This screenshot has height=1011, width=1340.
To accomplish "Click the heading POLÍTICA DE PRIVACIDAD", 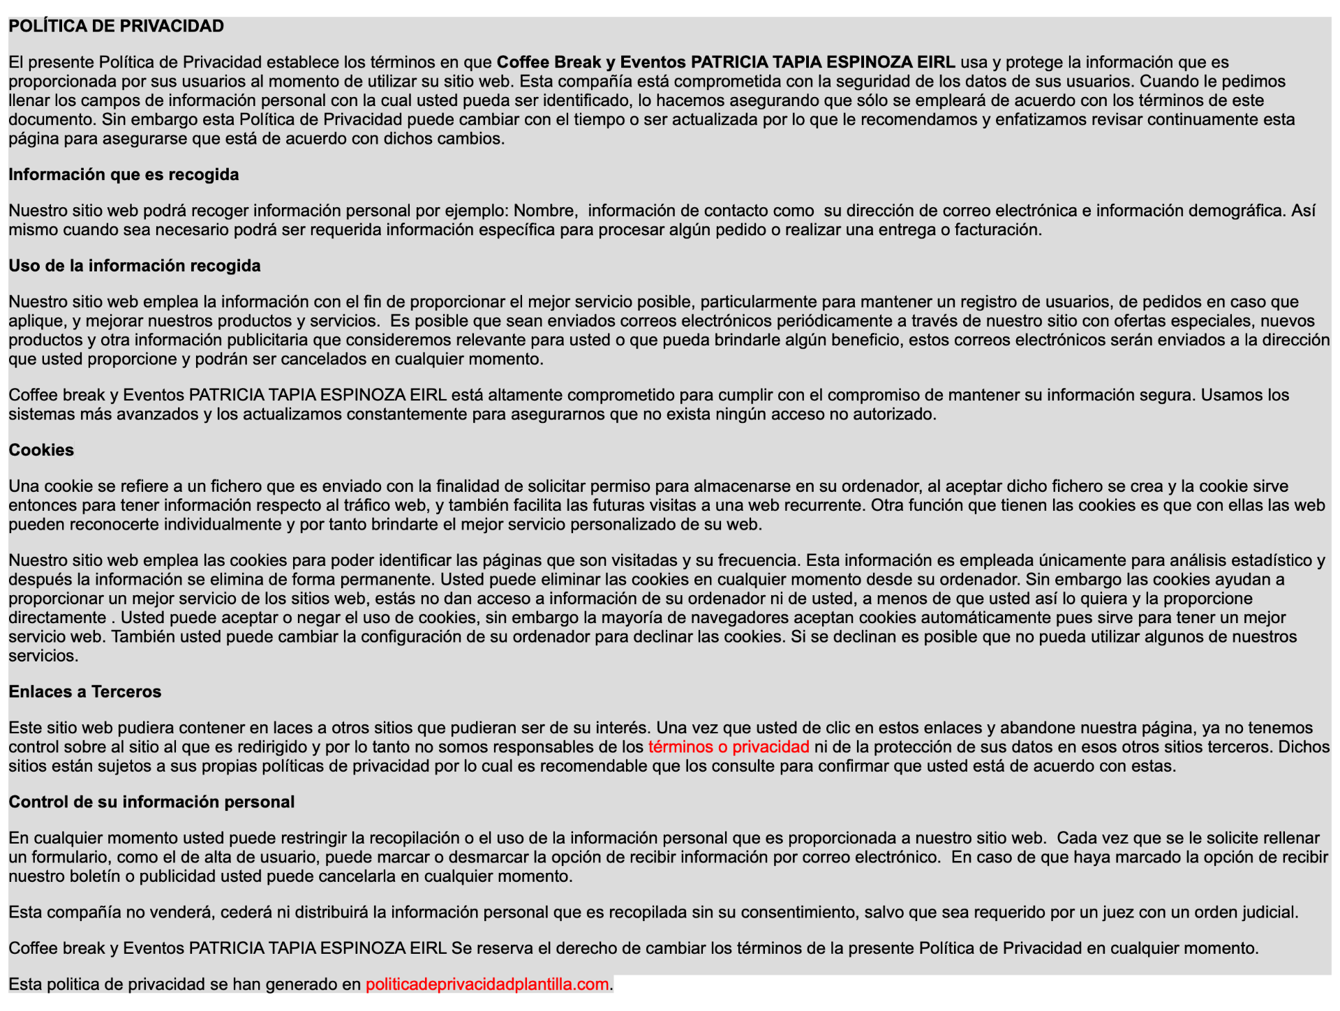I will [x=116, y=27].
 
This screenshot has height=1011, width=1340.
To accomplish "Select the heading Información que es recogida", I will [x=124, y=174].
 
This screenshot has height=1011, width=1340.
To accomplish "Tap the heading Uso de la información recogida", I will [x=135, y=266].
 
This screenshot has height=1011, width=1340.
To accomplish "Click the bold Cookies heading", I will [x=41, y=450].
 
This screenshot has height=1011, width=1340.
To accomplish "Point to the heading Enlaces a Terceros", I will [x=85, y=691].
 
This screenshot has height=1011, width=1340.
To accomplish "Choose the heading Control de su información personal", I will [x=151, y=802].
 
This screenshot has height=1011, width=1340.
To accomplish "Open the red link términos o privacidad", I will [x=729, y=747].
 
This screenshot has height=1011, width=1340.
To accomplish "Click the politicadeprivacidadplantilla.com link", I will [x=487, y=984].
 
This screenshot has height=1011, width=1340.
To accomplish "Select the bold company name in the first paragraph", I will [x=726, y=62].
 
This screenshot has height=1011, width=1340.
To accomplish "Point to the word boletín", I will [x=95, y=876].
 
